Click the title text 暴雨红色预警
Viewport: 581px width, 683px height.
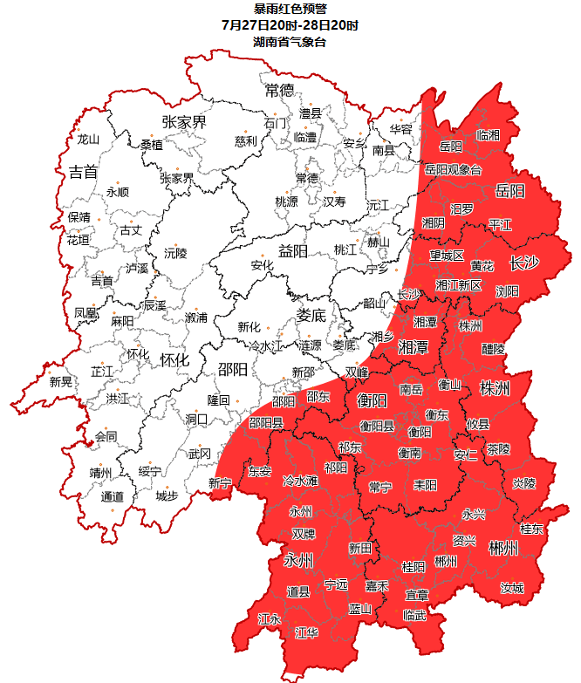point(290,9)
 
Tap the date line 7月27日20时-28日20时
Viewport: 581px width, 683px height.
point(290,25)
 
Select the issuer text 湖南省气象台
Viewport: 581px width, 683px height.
point(290,41)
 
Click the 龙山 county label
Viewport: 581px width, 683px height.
point(88,139)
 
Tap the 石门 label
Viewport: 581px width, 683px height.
point(275,124)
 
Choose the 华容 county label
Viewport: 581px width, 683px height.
point(400,128)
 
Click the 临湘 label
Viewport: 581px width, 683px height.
point(489,135)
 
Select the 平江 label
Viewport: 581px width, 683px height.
point(501,225)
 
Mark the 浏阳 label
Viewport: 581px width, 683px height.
point(507,290)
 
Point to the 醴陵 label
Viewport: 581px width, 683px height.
point(494,348)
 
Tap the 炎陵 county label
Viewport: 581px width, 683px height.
point(523,482)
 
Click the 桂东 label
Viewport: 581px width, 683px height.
point(531,529)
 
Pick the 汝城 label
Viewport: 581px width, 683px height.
point(512,589)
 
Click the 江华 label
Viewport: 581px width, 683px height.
point(307,632)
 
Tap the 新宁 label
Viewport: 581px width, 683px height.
point(220,483)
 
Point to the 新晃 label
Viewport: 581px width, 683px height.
point(61,381)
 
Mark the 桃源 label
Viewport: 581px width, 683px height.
point(287,201)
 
